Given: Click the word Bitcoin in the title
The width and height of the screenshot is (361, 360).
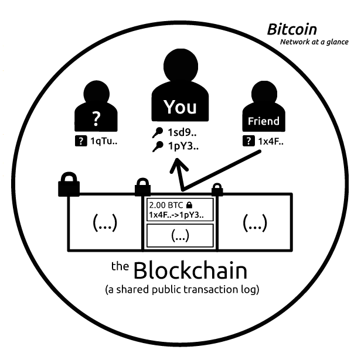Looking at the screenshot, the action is click(292, 29).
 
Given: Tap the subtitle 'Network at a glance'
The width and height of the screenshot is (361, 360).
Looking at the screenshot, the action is click(314, 42).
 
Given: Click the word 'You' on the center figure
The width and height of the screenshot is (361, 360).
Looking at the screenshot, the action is click(180, 107).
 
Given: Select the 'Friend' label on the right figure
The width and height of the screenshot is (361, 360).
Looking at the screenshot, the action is click(264, 121).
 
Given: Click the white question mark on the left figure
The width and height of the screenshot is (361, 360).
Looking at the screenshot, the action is click(96, 119).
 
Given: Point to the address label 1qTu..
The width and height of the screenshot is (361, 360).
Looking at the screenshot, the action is click(104, 141).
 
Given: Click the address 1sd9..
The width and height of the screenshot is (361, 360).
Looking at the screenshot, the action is click(182, 132).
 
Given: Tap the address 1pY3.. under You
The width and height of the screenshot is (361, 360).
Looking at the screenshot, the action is click(183, 146).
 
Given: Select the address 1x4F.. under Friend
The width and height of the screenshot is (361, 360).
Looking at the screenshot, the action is click(271, 141).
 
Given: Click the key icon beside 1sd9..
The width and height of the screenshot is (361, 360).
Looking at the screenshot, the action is click(158, 132).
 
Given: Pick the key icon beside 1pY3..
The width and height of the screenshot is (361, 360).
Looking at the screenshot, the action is click(158, 146).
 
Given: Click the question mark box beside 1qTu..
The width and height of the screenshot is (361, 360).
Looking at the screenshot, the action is click(81, 140).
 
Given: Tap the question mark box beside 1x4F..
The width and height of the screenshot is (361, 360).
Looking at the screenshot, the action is click(248, 140).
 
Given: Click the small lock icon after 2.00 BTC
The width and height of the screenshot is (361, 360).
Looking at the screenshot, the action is click(189, 205).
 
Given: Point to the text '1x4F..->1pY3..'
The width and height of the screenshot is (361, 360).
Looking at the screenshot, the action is click(176, 215).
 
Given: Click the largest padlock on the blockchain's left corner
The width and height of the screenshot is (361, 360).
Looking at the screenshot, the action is click(69, 184).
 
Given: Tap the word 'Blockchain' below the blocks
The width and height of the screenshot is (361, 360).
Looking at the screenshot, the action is click(190, 270).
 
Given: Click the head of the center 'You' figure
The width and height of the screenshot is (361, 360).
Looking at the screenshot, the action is click(180, 66).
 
